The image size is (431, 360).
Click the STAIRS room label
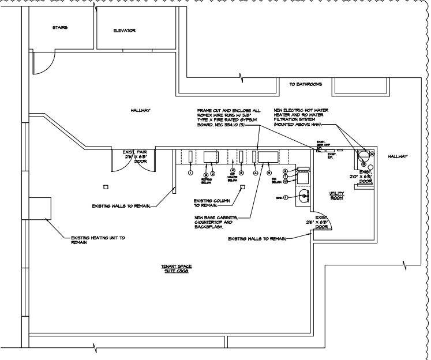59,27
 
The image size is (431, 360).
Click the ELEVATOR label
124,31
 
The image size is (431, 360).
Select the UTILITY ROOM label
336,195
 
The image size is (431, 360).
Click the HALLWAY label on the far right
398,156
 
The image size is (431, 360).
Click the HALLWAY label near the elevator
141,110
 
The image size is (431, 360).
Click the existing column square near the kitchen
243,187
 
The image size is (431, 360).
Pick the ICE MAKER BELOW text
233,177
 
